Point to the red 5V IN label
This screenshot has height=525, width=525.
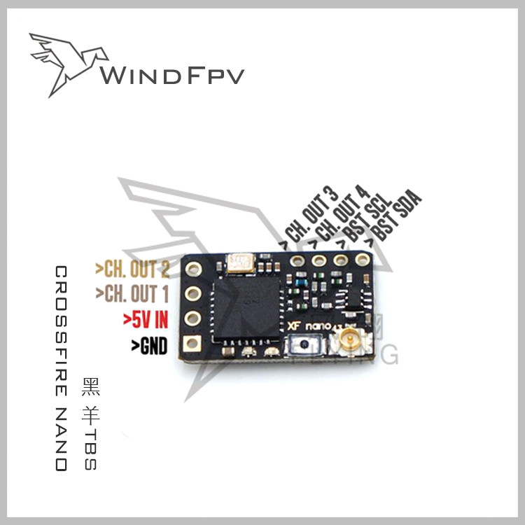146,320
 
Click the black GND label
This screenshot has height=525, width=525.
149,345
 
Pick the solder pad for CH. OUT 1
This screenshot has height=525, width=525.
192,294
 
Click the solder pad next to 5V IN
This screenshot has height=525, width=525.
192,318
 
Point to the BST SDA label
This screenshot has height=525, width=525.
396,213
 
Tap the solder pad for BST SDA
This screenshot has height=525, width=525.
361,260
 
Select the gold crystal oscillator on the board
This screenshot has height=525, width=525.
241,263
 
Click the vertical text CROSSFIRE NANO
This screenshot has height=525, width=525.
61,368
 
